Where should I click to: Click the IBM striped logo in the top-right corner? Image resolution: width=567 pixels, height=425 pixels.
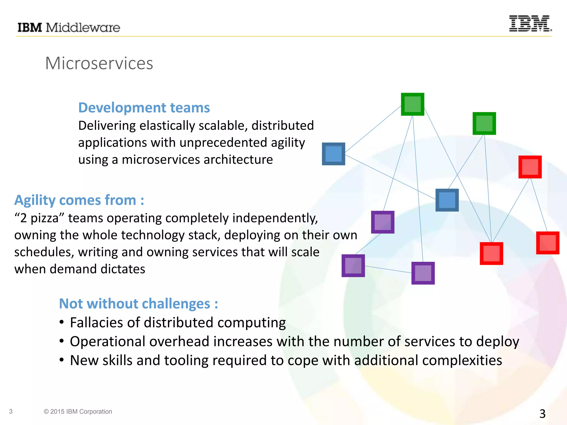pyautogui.click(x=530, y=24)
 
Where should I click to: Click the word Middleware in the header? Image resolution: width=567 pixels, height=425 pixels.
pyautogui.click(x=83, y=28)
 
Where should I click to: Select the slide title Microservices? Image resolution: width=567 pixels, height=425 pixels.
pyautogui.click(x=99, y=63)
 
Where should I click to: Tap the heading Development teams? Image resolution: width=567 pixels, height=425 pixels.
pyautogui.click(x=144, y=108)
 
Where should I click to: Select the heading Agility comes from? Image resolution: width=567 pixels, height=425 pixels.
pyautogui.click(x=79, y=200)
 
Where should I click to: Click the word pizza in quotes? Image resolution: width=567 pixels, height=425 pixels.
pyautogui.click(x=44, y=218)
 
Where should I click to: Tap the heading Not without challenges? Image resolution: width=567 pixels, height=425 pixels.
pyautogui.click(x=138, y=304)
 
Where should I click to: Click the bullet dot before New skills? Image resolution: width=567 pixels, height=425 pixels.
pyautogui.click(x=62, y=360)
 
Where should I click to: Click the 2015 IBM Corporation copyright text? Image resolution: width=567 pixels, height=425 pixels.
pyautogui.click(x=78, y=411)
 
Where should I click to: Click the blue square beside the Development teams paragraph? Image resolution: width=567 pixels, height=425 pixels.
pyautogui.click(x=333, y=154)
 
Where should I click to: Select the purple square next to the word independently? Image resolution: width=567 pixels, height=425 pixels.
pyautogui.click(x=383, y=222)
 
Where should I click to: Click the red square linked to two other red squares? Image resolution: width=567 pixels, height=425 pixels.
pyautogui.click(x=530, y=167)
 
